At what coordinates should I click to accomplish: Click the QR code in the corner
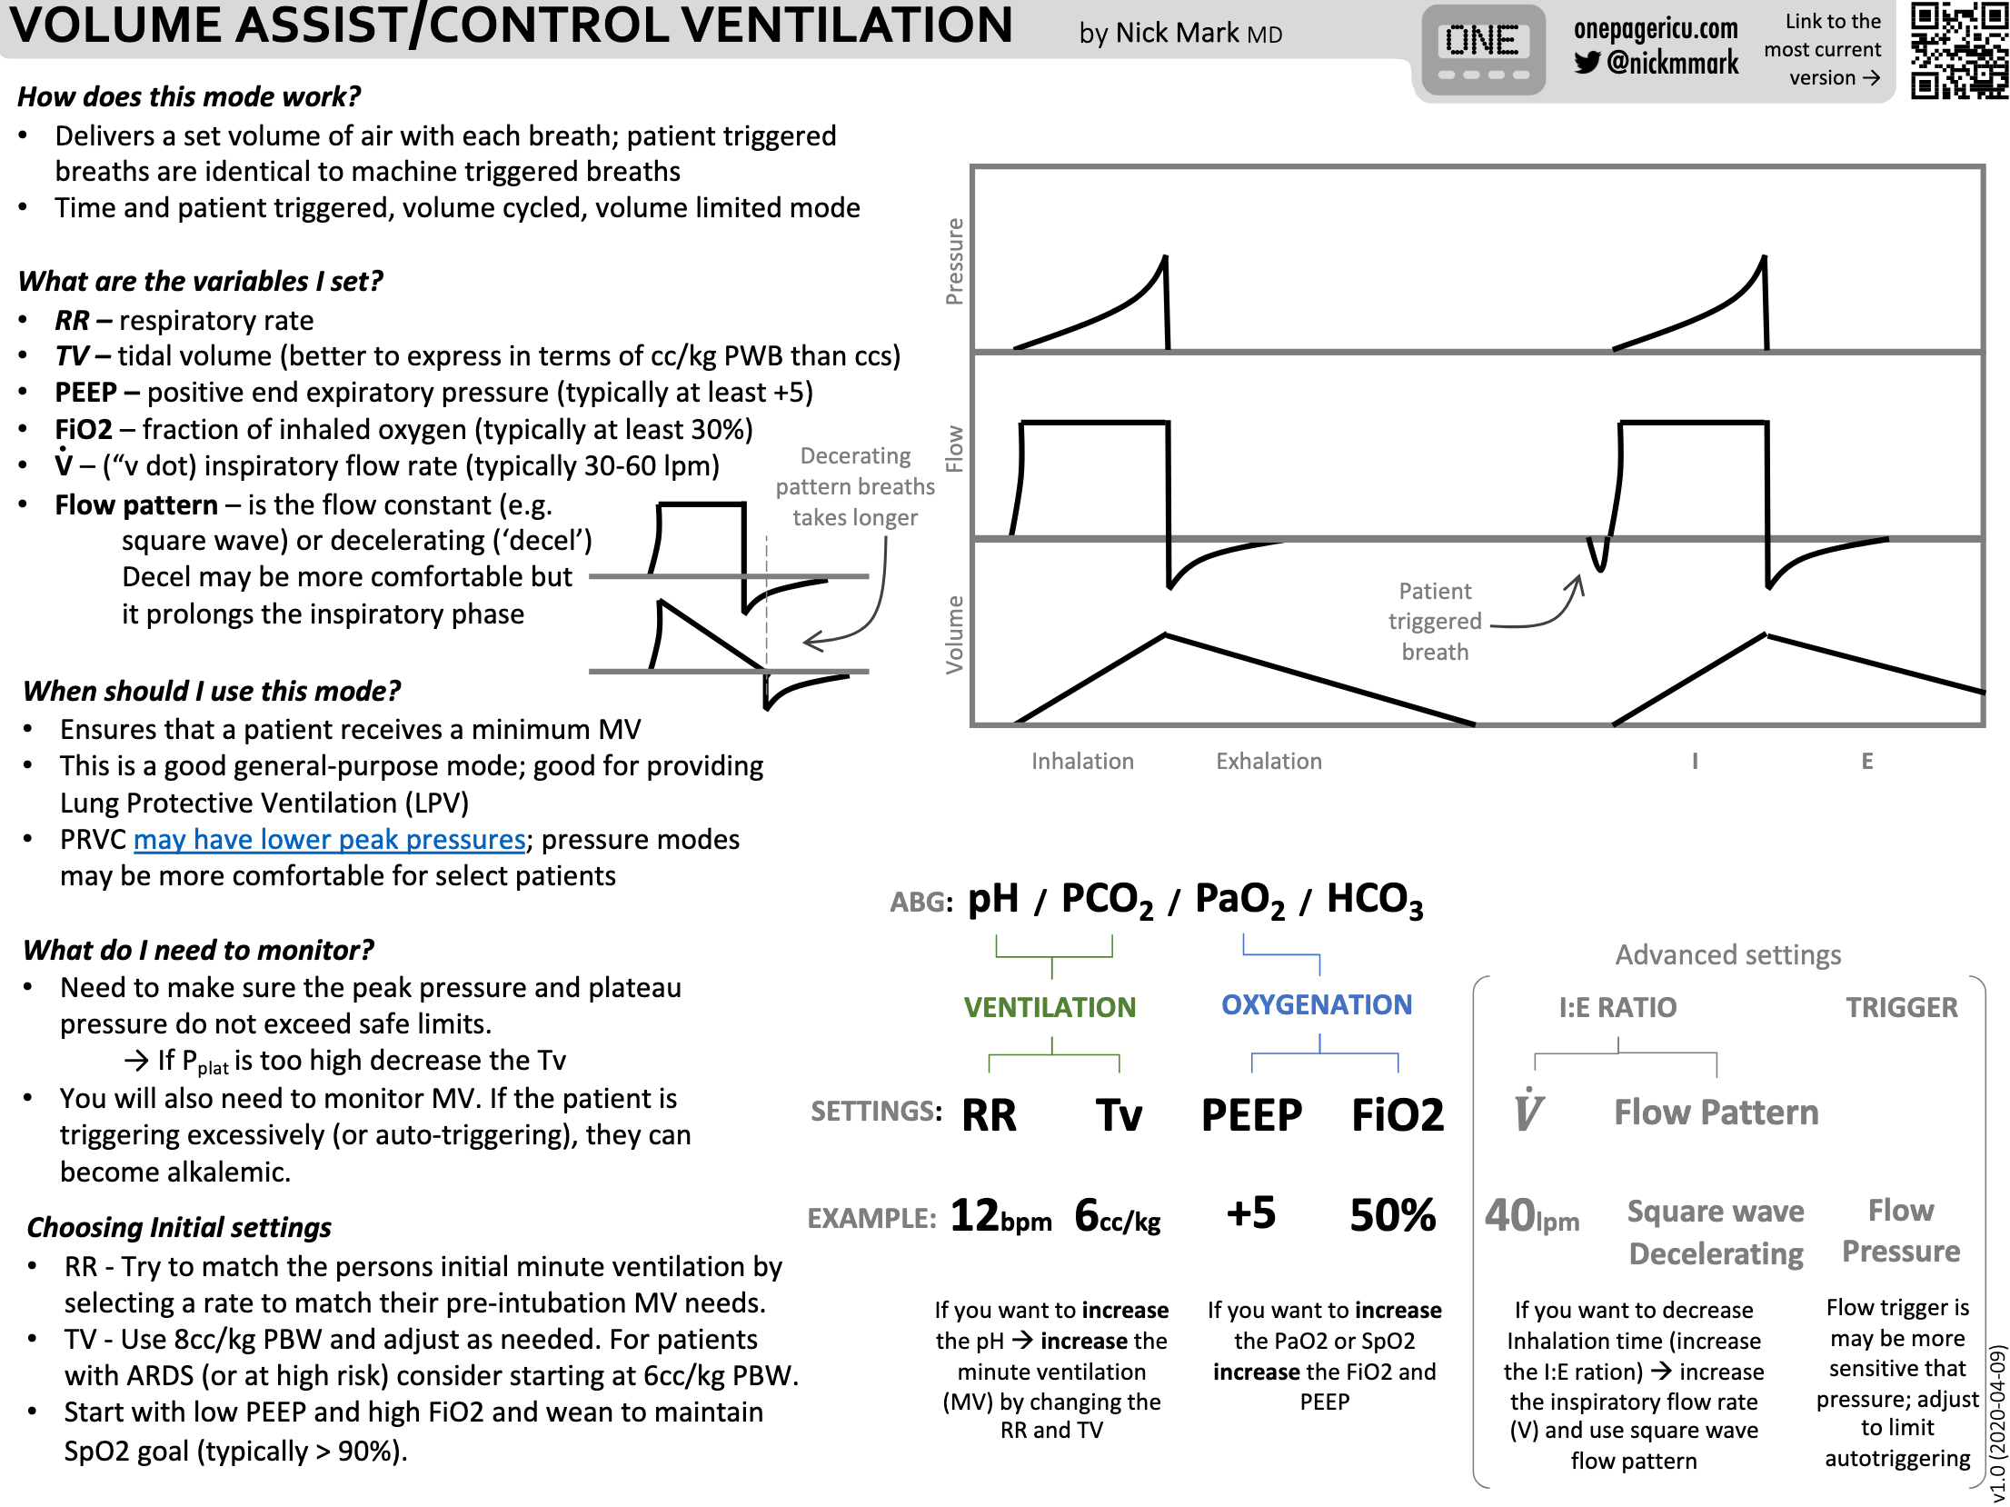1958,50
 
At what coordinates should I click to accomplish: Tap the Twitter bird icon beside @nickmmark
1587,63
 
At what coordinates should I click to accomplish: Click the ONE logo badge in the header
1483,49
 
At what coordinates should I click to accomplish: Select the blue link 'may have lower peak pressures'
329,839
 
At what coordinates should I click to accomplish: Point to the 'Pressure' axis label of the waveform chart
954,261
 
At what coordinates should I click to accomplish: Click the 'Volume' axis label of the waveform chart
954,634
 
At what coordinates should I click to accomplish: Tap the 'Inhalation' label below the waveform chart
1082,761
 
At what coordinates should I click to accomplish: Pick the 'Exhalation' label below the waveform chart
1269,761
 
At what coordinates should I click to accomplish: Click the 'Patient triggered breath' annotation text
1435,622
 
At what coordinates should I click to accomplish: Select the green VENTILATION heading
1050,1007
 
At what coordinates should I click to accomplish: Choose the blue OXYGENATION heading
1316,1004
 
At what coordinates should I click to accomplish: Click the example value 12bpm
1000,1216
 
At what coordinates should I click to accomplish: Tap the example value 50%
1392,1215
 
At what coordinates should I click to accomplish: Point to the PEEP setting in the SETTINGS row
1251,1115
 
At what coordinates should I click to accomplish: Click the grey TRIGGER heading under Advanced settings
1901,1007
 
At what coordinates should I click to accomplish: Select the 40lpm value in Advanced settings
1531,1216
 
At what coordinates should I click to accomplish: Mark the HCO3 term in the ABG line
1374,900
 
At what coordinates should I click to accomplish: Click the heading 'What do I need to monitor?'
198,950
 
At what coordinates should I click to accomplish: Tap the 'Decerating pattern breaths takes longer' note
854,486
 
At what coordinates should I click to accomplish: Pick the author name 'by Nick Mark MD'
1180,34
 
